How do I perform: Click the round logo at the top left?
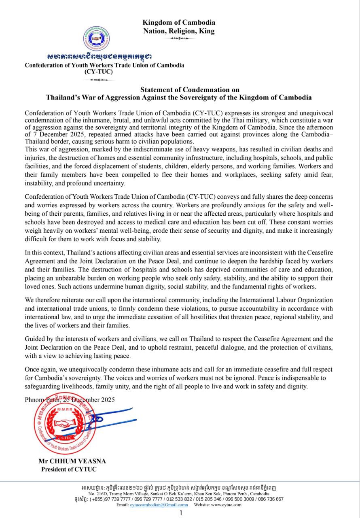97,39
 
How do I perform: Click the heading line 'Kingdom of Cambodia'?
179,23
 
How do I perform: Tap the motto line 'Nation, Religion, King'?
179,31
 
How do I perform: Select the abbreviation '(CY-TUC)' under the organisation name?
99,72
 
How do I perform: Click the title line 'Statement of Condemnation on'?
190,89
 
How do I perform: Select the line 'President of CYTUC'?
69,469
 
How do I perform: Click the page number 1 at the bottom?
181,513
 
